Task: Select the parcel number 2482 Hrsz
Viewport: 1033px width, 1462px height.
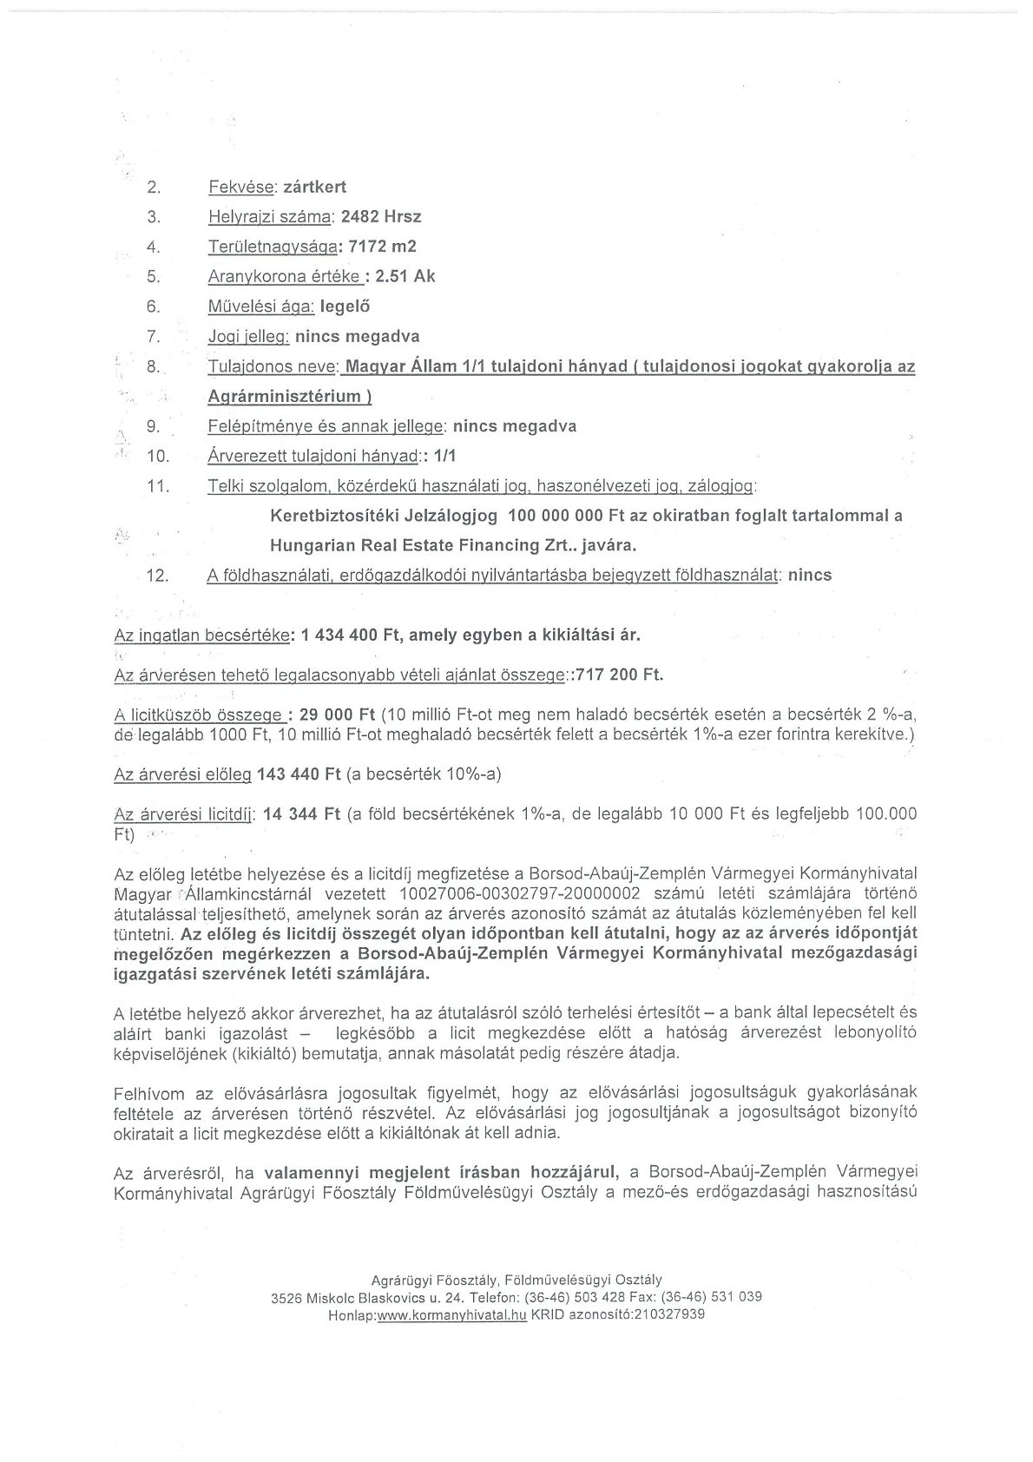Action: (382, 216)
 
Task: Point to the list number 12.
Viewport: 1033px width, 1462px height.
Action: (158, 576)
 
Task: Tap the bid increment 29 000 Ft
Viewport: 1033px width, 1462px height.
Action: (337, 715)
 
